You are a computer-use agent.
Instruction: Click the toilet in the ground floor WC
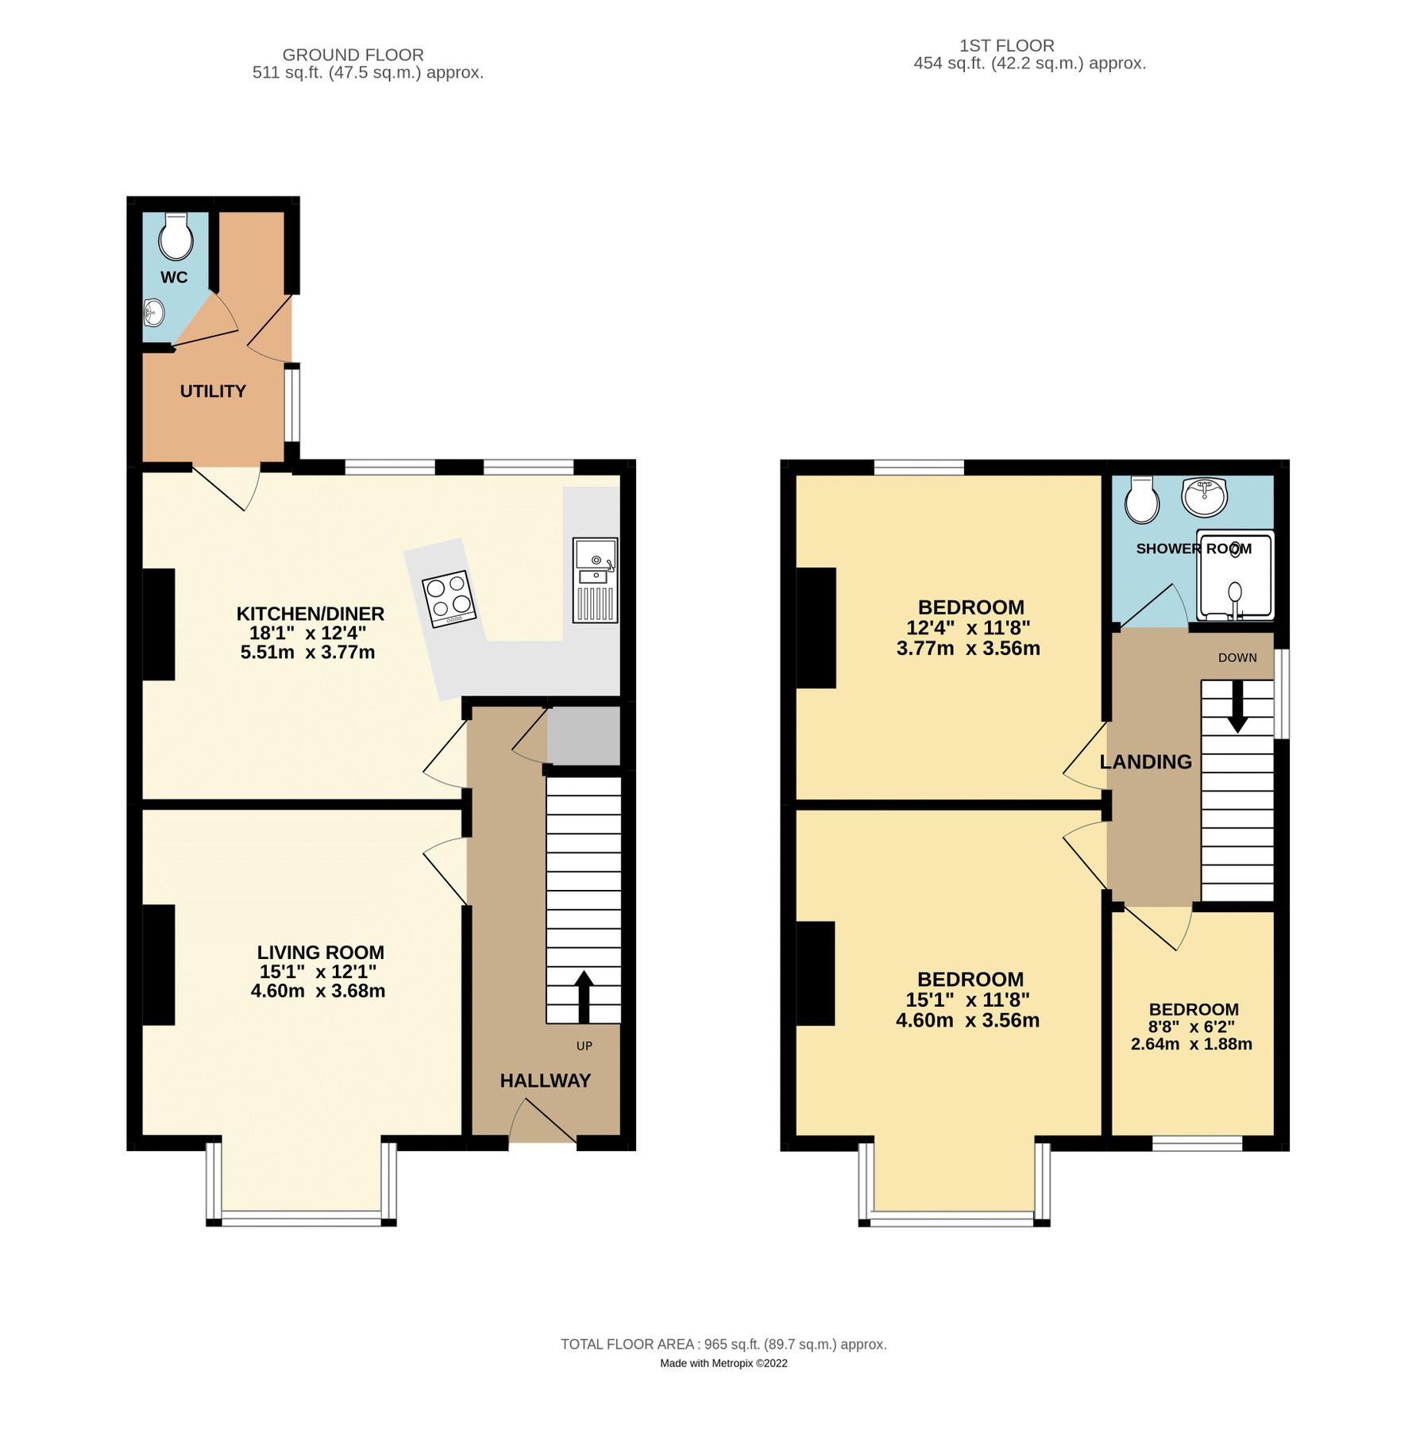coord(176,237)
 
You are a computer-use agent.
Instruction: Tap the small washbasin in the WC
coord(153,313)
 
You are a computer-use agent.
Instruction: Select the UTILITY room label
coord(213,391)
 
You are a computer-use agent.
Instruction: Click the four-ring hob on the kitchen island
coord(449,599)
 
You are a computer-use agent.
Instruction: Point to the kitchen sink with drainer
coord(595,580)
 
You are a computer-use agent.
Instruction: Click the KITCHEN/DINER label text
coord(311,614)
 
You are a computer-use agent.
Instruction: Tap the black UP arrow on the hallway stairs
coord(584,996)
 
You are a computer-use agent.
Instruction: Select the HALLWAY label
coord(545,1080)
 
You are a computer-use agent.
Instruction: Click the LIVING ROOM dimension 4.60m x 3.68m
coord(318,991)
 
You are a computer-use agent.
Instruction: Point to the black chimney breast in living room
coord(159,965)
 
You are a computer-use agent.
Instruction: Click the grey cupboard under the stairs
coord(584,736)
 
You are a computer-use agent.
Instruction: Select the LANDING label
coord(1145,762)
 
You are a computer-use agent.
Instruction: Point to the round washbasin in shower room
coord(1205,497)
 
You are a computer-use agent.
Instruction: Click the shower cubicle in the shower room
coord(1235,576)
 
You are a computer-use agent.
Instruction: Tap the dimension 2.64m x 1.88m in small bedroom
coord(1191,1044)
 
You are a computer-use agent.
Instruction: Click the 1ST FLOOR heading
coord(1006,46)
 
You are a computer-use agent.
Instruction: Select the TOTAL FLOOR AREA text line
coord(723,1344)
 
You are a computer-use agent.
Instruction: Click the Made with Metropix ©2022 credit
coord(723,1363)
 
